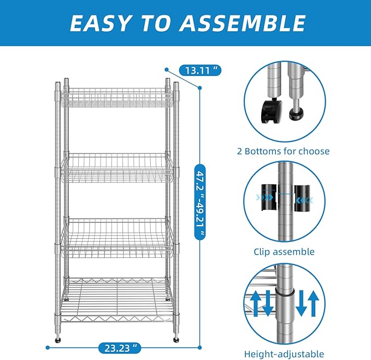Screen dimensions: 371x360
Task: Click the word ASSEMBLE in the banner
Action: pos(242,23)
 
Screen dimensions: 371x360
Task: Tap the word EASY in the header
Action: pos(101,23)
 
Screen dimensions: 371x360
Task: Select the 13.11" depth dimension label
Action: pos(200,70)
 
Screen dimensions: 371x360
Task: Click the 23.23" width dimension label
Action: pos(120,348)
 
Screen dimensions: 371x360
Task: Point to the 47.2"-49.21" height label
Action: pos(200,202)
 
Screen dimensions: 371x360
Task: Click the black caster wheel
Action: pos(272,111)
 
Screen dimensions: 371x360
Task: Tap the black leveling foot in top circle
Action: pos(297,116)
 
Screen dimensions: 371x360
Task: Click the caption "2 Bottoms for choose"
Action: pos(283,151)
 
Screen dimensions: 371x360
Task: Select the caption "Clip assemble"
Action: pos(284,252)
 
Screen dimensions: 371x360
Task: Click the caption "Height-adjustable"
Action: pos(284,354)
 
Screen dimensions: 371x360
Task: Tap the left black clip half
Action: pos(269,197)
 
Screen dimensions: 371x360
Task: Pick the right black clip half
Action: pos(302,198)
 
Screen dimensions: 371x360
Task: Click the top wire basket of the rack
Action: pos(116,97)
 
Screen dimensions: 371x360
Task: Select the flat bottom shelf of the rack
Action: pos(116,300)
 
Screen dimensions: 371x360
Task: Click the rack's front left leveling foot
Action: pos(58,340)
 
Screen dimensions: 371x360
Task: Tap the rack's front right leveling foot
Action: pos(176,340)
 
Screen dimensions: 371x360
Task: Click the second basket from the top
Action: pos(116,168)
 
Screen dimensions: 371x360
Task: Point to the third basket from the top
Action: pos(116,238)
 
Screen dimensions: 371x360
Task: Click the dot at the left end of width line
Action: pos(48,347)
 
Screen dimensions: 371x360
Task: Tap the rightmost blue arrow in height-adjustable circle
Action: pos(313,303)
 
